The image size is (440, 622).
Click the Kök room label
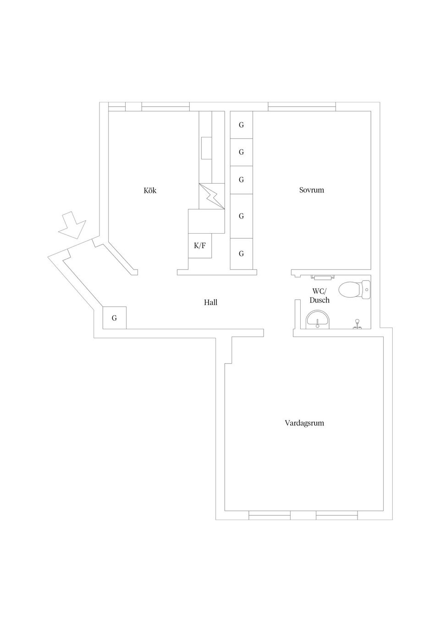pos(150,191)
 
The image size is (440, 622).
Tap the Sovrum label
pos(311,190)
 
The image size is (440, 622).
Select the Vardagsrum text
pos(304,423)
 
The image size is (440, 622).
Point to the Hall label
pos(210,302)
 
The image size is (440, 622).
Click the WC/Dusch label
pos(319,295)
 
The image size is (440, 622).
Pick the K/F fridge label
pos(200,246)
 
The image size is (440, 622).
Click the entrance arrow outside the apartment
pos(72,224)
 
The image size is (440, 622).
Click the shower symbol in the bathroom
pos(357,324)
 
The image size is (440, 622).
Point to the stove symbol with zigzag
pos(212,196)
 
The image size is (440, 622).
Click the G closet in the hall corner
pos(114,318)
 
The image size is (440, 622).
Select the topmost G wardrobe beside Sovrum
pos(241,125)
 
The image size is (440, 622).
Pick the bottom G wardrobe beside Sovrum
pos(241,254)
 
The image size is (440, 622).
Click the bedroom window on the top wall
pos(302,108)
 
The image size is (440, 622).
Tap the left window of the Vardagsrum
pos(269,517)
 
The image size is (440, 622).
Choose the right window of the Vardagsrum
pos(336,517)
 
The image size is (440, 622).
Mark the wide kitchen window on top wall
pos(165,108)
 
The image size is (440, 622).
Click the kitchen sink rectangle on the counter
pos(207,147)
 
